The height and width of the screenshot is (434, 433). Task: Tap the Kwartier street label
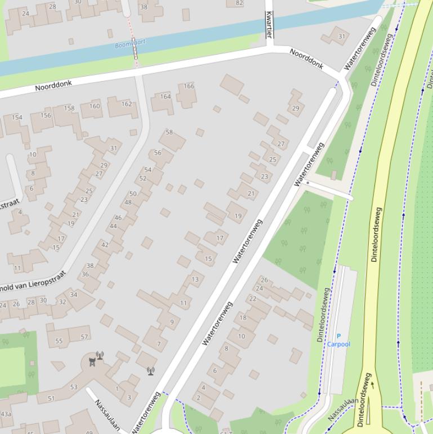[x=269, y=25]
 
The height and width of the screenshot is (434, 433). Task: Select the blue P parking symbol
[x=338, y=336]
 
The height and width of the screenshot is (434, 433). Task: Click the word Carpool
[x=338, y=344]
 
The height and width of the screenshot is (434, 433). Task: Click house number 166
[x=189, y=86]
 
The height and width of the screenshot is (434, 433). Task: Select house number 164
[x=165, y=96]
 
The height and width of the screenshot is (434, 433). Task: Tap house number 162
[x=127, y=104]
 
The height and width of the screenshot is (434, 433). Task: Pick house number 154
[x=17, y=117]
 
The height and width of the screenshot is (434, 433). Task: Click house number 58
[x=169, y=132]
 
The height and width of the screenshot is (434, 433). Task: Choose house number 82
[x=239, y=3]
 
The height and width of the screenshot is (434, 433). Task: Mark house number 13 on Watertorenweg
[x=195, y=280]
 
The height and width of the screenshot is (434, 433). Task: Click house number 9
[x=172, y=322]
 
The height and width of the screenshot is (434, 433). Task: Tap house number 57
[x=84, y=337]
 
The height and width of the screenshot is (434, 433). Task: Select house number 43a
[x=6, y=414]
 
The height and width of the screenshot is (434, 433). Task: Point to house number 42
[x=105, y=245]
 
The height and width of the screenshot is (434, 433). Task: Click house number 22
[x=252, y=299]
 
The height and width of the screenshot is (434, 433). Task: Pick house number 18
[x=243, y=318]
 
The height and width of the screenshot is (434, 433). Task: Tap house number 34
[x=74, y=295]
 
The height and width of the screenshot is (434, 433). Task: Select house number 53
[x=74, y=387]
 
